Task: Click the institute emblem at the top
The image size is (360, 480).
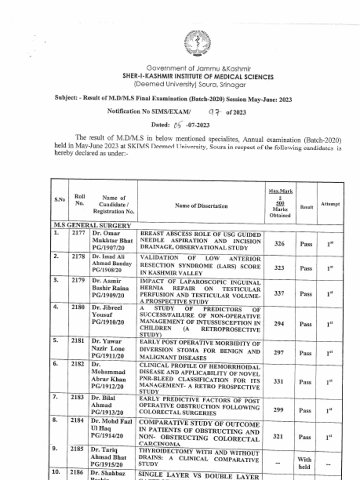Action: (197, 43)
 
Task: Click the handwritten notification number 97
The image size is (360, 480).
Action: (214, 112)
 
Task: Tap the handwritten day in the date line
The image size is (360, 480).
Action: (177, 125)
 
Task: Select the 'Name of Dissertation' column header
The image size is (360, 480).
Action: (202, 206)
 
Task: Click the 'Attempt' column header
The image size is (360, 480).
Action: (330, 204)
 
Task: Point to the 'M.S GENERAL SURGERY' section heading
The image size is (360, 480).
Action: (92, 225)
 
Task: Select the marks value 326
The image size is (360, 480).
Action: (279, 243)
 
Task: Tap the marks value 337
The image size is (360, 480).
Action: (279, 293)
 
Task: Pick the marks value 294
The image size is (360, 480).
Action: (279, 324)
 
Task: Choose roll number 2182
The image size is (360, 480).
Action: (78, 364)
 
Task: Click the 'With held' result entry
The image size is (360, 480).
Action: (304, 463)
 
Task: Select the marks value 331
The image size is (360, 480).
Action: (279, 382)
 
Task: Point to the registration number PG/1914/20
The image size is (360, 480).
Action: (107, 435)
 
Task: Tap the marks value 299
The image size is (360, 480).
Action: (279, 410)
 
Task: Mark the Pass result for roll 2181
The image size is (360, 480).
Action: (305, 353)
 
